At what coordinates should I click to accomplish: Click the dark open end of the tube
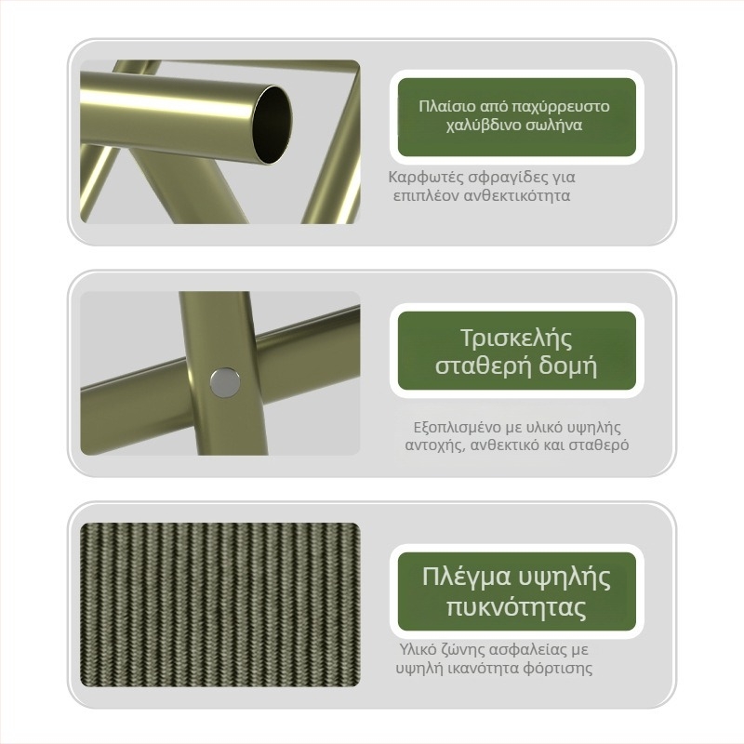272,125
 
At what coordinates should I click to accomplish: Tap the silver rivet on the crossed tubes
225,381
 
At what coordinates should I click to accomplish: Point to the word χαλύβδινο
484,126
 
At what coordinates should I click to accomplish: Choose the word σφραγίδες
507,179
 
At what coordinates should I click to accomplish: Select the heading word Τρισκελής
516,338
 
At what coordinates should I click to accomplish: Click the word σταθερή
482,366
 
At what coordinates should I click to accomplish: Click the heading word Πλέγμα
467,578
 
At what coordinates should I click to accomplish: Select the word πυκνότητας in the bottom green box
516,607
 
